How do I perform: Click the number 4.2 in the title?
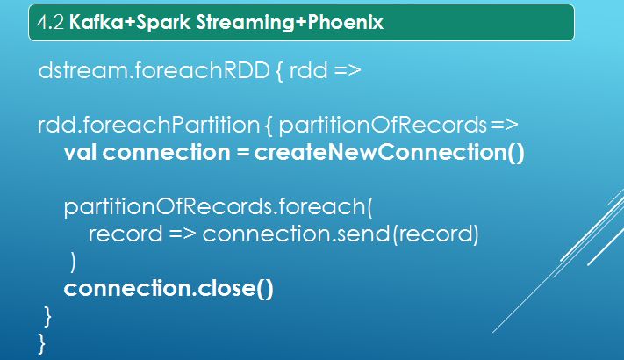point(50,22)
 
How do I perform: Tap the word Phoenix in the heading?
point(346,22)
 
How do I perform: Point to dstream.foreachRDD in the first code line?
point(154,70)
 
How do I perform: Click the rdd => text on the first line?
point(325,70)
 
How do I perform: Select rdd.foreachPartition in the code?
point(149,125)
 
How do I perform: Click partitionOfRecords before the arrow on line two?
point(383,126)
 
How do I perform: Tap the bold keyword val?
point(80,152)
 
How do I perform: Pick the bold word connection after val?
point(167,153)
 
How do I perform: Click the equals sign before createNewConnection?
point(242,153)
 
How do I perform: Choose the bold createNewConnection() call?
point(389,153)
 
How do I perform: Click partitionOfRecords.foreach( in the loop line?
point(218,207)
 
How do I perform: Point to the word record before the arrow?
point(126,234)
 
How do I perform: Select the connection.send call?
point(297,234)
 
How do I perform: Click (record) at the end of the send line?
point(436,234)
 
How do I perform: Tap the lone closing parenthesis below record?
point(73,262)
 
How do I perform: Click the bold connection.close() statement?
point(169,288)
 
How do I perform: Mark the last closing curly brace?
point(42,343)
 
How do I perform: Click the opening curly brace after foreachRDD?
point(279,71)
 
